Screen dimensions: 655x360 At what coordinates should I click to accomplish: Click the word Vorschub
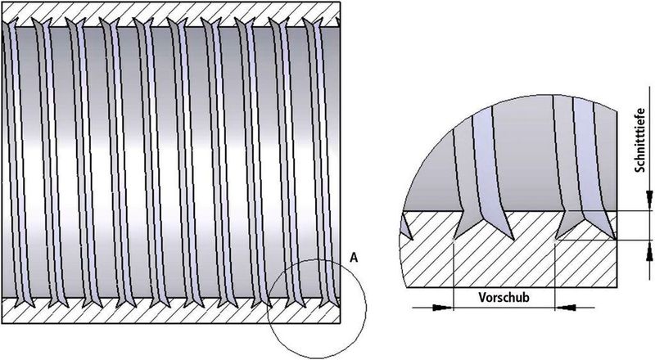(x=504, y=297)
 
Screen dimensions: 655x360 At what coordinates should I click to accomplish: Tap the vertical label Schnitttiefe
(x=640, y=140)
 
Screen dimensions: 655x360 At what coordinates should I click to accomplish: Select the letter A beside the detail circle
(x=354, y=258)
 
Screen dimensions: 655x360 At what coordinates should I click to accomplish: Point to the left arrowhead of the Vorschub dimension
(x=443, y=308)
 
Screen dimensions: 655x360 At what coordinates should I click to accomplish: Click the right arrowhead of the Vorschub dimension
(x=565, y=308)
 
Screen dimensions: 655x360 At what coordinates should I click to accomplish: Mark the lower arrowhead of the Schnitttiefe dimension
(x=649, y=251)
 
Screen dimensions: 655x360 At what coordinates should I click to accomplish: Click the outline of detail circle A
(x=366, y=308)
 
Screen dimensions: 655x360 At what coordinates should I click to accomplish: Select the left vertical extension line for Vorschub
(x=454, y=275)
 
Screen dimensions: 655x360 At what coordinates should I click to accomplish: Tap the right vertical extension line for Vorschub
(x=555, y=275)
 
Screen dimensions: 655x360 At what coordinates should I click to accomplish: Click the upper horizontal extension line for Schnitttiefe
(x=633, y=211)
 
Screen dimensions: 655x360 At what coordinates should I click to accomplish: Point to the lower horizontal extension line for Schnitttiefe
(x=603, y=241)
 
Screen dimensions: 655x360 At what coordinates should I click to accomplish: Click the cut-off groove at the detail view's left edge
(x=406, y=225)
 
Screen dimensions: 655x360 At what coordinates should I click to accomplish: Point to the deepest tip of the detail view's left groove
(x=454, y=241)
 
